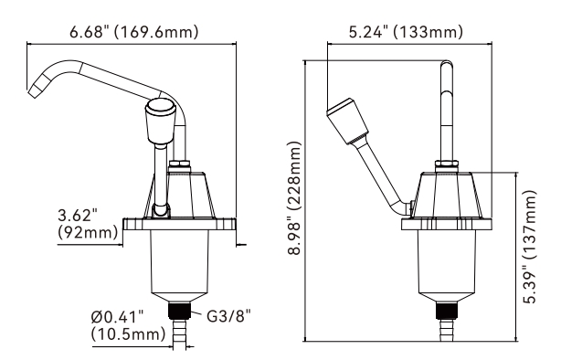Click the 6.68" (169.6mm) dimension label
(133, 31)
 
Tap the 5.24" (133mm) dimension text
(406, 31)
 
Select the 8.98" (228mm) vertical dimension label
(295, 197)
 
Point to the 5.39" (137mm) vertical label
(530, 247)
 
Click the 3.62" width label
(78, 217)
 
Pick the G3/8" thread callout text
(229, 316)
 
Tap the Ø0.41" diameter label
(117, 317)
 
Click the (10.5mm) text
(128, 334)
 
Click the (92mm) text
(88, 233)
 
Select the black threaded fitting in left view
(180, 311)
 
